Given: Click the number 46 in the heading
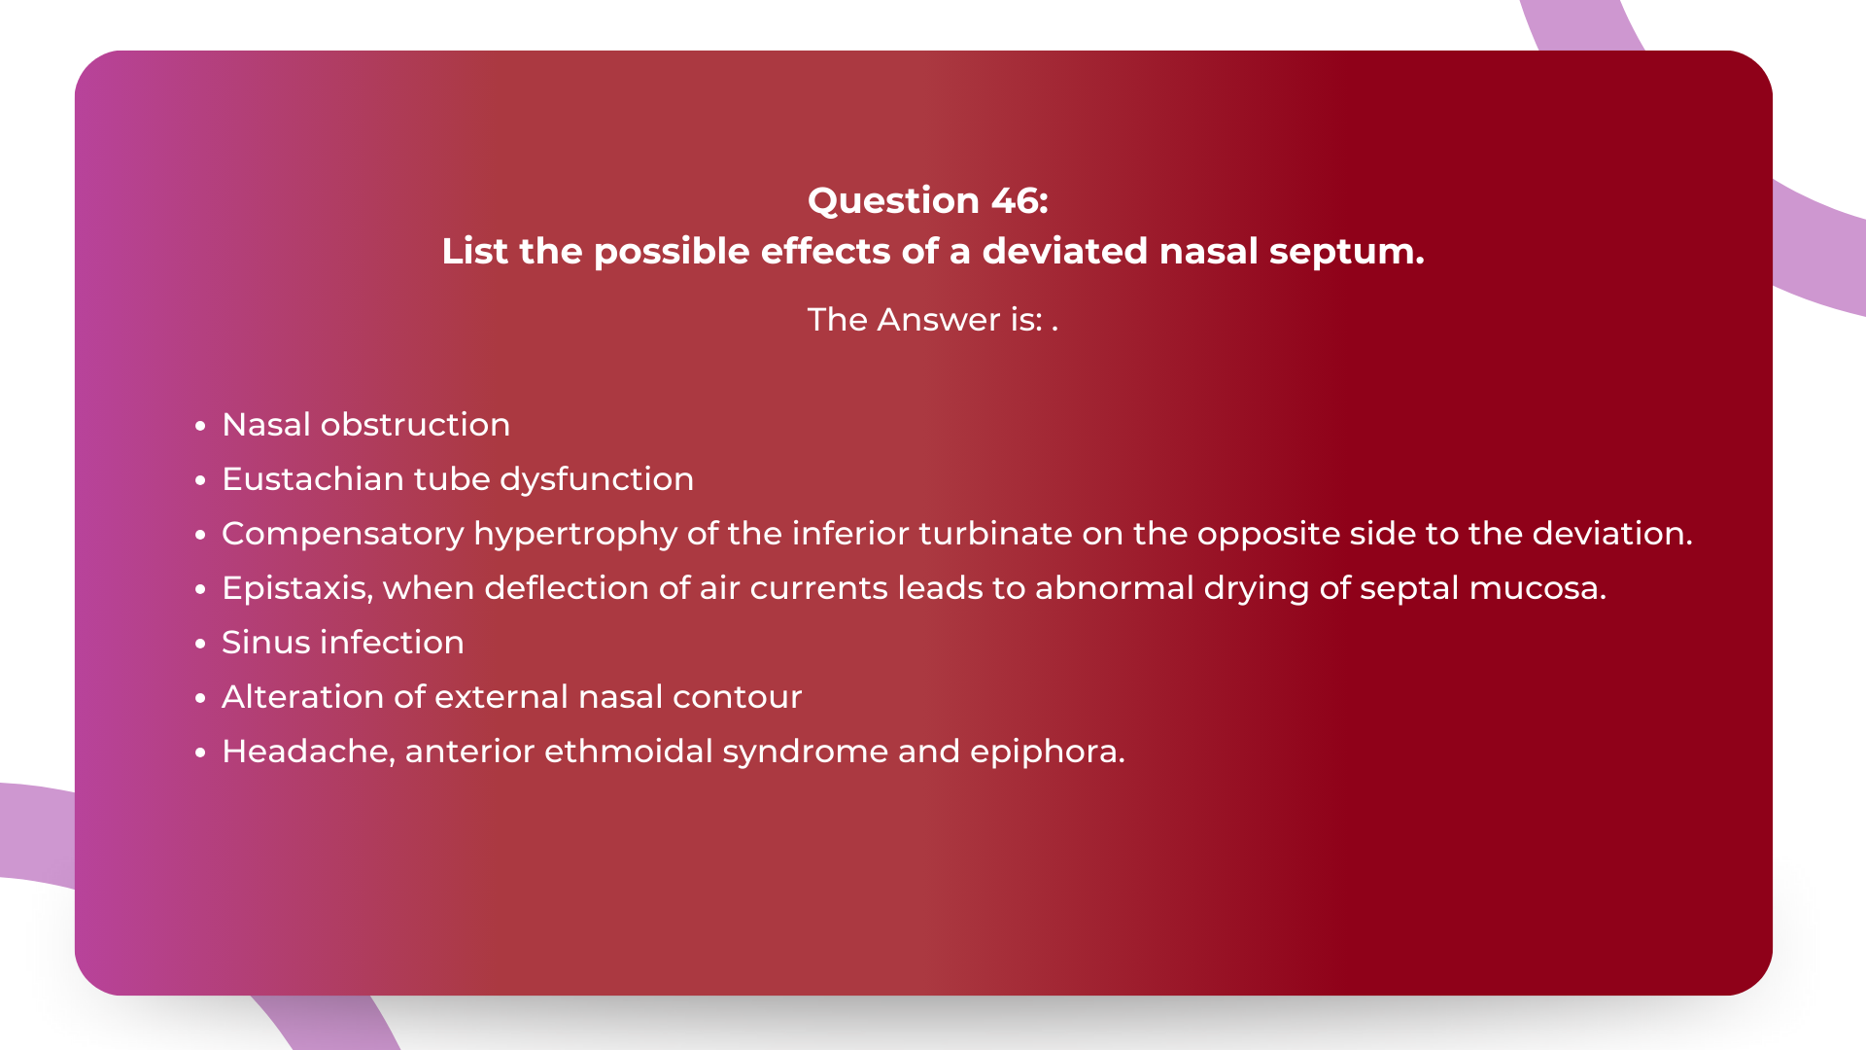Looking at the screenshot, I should [1016, 200].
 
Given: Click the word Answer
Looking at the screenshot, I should [938, 320].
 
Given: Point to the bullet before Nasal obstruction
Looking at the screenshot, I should [200, 426].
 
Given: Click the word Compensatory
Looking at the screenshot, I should [343, 534].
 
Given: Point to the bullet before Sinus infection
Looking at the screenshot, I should [200, 644].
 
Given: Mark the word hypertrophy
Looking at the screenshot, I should [575, 534].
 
